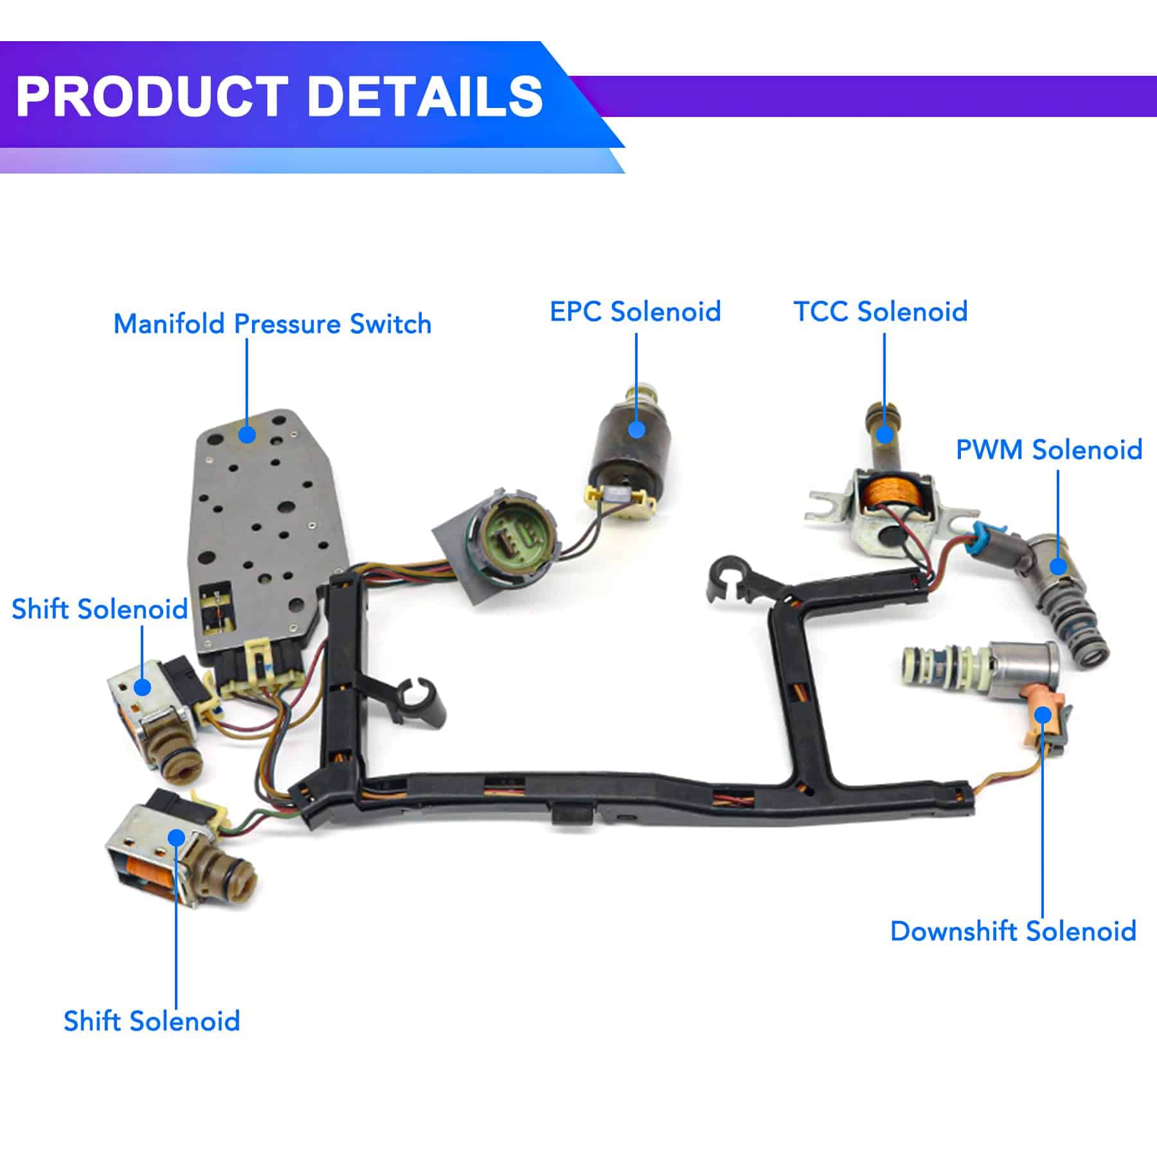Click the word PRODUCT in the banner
point(152,96)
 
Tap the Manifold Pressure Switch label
point(272,323)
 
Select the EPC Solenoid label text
point(635,311)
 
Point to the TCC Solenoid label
point(880,311)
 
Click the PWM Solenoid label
point(1048,449)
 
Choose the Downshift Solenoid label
point(1013,931)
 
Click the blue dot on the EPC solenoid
point(636,429)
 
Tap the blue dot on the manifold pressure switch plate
point(247,435)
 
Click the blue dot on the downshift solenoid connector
point(1043,715)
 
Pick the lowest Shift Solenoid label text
point(152,1020)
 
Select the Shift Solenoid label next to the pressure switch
point(100,609)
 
